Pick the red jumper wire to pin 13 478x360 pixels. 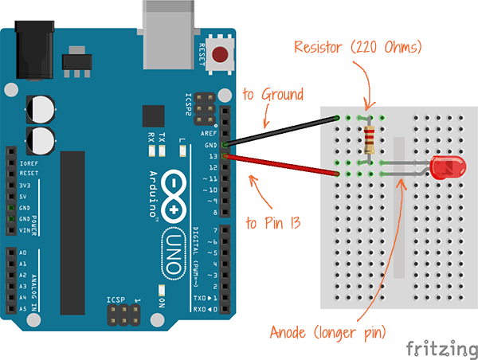point(283,164)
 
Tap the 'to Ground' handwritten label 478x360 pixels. point(272,95)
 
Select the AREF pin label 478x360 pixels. point(209,133)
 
